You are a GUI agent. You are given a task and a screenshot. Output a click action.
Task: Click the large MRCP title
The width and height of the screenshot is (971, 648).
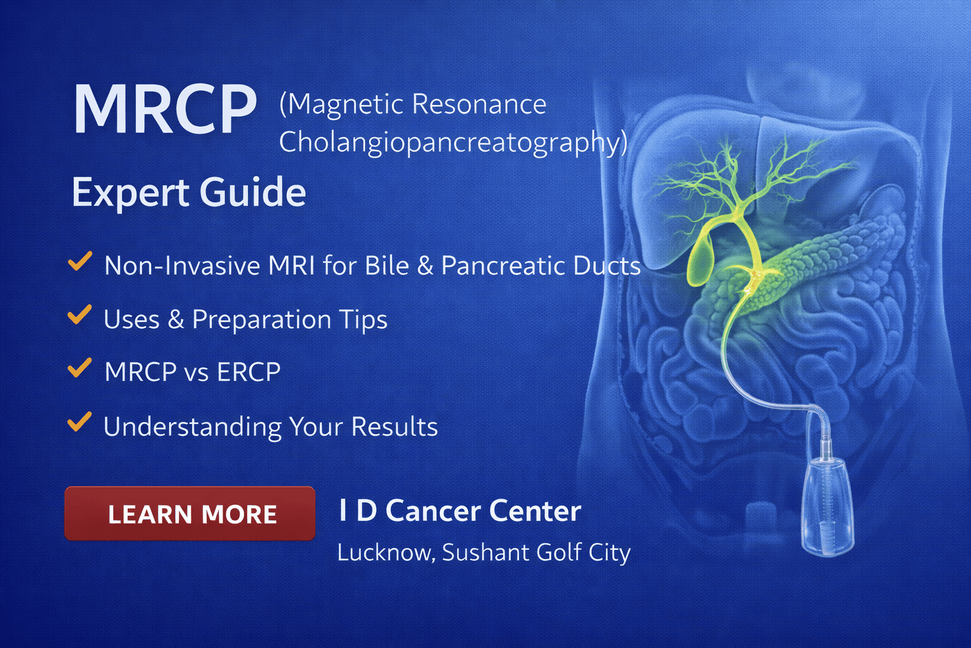click(165, 109)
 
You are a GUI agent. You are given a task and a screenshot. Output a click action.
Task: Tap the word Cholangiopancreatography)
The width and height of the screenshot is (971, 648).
click(453, 143)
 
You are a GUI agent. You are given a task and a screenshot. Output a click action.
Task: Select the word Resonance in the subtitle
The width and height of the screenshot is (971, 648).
click(480, 104)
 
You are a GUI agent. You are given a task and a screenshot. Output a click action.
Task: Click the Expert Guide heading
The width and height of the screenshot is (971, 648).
click(189, 192)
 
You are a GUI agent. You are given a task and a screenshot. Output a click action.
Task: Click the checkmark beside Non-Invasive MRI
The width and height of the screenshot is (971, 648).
click(80, 261)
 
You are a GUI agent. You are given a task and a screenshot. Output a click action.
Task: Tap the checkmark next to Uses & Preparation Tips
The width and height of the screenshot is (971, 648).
click(80, 315)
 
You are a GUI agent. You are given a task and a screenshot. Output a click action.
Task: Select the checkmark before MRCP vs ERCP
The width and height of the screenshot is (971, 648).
click(80, 368)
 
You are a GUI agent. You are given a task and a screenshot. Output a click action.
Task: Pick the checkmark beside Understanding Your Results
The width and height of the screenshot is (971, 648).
click(80, 422)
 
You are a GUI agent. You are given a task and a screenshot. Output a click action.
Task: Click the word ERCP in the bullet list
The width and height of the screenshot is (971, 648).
click(248, 372)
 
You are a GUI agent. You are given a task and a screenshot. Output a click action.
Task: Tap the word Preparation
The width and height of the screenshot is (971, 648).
click(262, 320)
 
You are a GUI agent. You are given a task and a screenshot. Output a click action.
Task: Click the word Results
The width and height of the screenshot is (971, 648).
click(394, 427)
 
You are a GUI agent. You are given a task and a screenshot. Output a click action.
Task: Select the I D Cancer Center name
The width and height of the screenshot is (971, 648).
click(460, 511)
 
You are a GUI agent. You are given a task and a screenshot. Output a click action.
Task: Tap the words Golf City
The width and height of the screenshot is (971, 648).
click(583, 552)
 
